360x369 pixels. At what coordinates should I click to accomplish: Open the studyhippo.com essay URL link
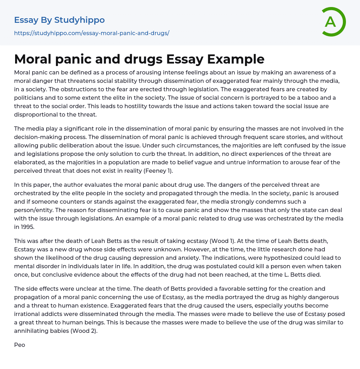(91, 33)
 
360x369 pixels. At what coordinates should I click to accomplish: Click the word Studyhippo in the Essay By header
(80, 20)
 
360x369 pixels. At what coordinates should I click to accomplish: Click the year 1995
(28, 227)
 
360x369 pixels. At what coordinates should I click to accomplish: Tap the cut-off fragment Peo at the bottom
(19, 345)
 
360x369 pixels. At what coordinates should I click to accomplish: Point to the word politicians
(30, 98)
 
